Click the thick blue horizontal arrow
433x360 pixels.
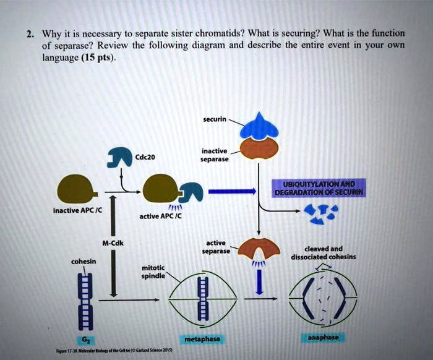click(231, 192)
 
